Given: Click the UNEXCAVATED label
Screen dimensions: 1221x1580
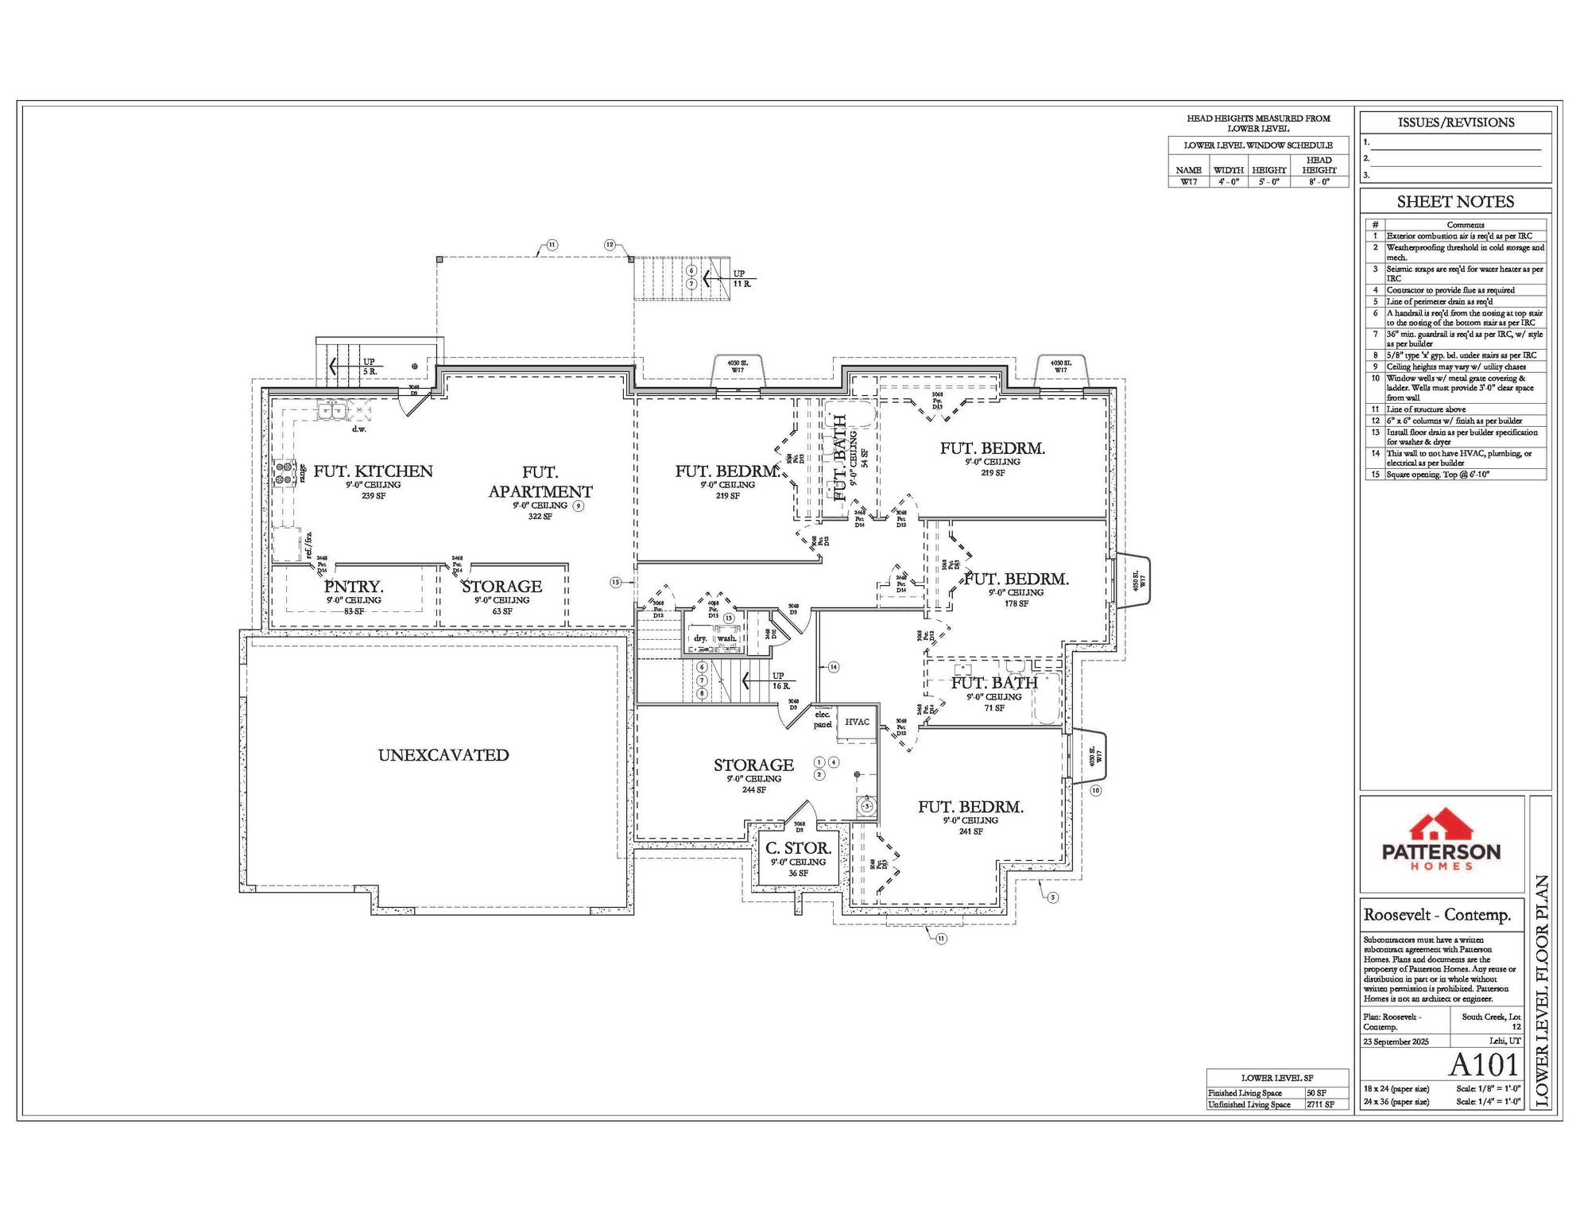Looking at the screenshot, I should point(443,755).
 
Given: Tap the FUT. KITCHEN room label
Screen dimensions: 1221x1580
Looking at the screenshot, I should point(373,471).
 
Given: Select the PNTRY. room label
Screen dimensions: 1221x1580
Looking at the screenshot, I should point(354,587).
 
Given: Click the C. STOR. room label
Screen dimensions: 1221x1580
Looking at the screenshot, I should point(798,849).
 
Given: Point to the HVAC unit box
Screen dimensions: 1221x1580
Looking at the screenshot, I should point(857,723).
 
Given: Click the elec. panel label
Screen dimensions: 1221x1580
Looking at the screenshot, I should point(823,719).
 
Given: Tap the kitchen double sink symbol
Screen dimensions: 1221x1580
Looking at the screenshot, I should point(331,410).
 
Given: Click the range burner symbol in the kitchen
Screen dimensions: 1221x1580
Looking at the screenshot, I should point(284,473).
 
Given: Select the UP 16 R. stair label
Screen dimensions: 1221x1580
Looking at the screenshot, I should point(780,681).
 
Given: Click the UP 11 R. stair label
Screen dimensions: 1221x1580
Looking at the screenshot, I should point(741,279).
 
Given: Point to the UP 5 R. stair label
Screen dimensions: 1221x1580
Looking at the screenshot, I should point(370,366).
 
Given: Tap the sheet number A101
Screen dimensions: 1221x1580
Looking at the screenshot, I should point(1483,1065).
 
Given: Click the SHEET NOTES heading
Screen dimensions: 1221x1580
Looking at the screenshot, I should point(1455,202).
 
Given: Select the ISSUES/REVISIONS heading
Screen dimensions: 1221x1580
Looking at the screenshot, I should point(1455,122).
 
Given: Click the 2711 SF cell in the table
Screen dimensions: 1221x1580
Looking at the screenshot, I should point(1322,1105).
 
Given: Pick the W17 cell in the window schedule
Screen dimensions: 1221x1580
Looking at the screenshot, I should point(1188,182).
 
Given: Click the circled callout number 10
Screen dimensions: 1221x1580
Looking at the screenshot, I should point(1095,790).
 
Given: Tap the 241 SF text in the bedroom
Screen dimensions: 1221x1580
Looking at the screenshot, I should point(970,831).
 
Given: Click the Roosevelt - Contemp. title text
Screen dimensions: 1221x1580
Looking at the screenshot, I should point(1437,915).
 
